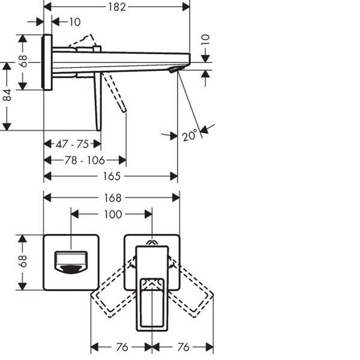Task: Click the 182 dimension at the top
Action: (118, 7)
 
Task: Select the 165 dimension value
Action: (113, 176)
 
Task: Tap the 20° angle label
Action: (190, 136)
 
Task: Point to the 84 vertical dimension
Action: (7, 95)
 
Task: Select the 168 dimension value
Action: (112, 197)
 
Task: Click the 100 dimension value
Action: (112, 214)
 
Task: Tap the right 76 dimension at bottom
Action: (182, 347)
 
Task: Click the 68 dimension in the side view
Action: (23, 61)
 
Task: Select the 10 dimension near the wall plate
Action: (74, 22)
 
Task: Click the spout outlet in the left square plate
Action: (71, 263)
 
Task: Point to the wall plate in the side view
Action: (47, 62)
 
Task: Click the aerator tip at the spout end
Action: (175, 70)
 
